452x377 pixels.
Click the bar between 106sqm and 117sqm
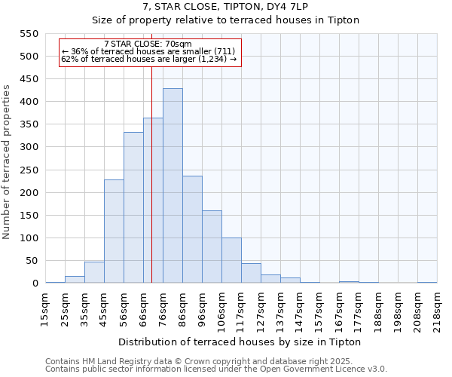pos(231,260)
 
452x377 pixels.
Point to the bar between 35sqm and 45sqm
pos(94,272)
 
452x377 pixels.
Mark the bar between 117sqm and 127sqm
pos(251,273)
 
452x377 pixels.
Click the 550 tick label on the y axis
pos(28,34)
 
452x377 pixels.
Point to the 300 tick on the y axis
pos(28,147)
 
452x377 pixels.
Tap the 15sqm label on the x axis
pos(44,307)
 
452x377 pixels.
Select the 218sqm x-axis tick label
pos(437,307)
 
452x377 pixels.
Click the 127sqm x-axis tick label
pos(261,307)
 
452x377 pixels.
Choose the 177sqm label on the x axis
pos(359,307)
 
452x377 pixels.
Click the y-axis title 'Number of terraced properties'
pos(8,162)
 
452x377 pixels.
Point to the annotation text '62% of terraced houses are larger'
pos(148,59)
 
